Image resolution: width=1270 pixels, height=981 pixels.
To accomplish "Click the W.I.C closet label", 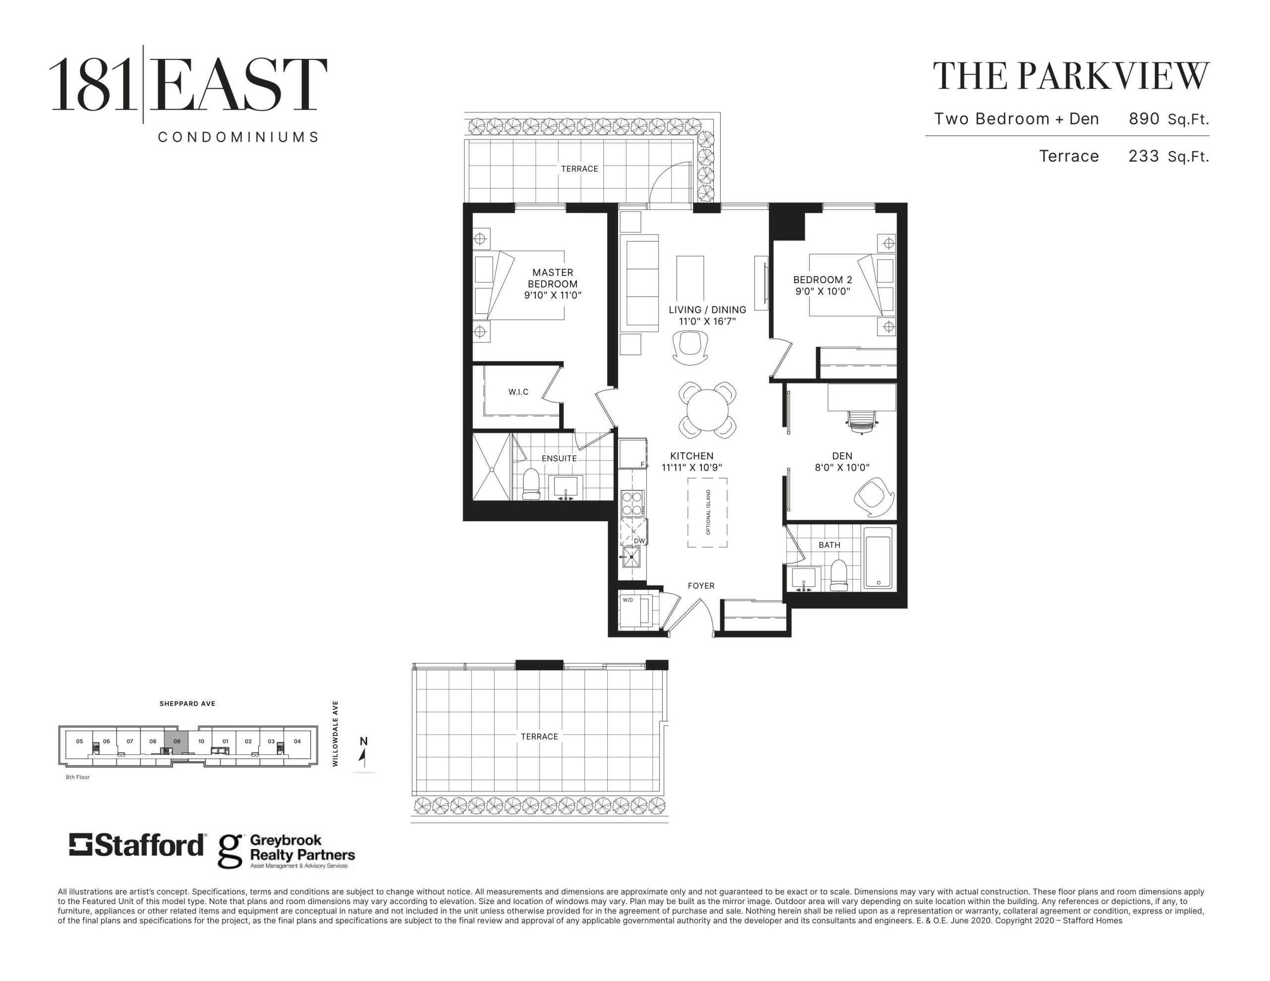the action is pyautogui.click(x=518, y=392).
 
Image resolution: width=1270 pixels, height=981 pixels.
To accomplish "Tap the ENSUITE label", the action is pyautogui.click(x=559, y=458).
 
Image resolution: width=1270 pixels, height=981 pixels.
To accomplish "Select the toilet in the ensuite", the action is pyautogui.click(x=531, y=484).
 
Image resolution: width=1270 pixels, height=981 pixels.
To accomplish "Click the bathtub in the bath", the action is pyautogui.click(x=878, y=557).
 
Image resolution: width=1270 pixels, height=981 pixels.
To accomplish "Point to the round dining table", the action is pyautogui.click(x=707, y=410).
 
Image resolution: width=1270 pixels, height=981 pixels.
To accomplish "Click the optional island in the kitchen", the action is pyautogui.click(x=707, y=512).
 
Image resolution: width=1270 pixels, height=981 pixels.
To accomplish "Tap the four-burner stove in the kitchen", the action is pyautogui.click(x=632, y=503).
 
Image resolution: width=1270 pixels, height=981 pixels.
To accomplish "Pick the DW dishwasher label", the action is pyautogui.click(x=639, y=541).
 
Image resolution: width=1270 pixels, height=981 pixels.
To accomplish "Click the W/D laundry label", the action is pyautogui.click(x=628, y=600).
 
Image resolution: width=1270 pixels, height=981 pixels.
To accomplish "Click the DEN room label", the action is pyautogui.click(x=842, y=456).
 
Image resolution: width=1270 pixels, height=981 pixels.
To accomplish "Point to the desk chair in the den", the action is pyautogui.click(x=861, y=422).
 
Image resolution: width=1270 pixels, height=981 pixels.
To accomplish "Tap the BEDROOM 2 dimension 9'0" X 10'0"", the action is pyautogui.click(x=823, y=291).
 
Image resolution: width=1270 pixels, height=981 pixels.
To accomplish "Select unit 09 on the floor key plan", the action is pyautogui.click(x=177, y=741).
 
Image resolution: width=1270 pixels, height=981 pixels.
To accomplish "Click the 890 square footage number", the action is pyautogui.click(x=1144, y=119).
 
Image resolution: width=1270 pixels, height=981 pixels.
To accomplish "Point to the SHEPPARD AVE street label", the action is pyautogui.click(x=187, y=704).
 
